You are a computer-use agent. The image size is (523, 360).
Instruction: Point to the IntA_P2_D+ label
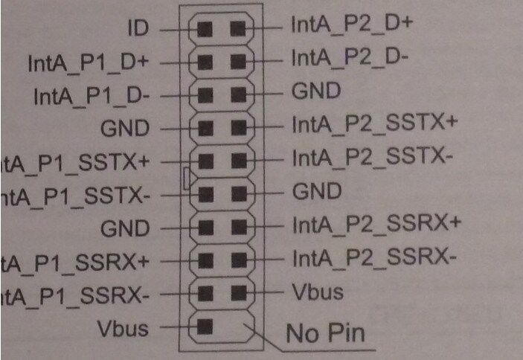352,25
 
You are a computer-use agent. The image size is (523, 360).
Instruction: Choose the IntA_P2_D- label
348,57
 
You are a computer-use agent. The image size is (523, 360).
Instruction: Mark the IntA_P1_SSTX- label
74,196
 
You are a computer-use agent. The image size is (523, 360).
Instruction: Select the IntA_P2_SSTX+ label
373,123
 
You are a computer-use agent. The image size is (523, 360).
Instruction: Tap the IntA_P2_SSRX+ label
376,223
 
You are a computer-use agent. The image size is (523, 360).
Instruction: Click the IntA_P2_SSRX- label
373,257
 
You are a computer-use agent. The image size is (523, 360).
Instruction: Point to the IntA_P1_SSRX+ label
74,263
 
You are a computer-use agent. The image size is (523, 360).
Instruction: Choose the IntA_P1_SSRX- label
74,295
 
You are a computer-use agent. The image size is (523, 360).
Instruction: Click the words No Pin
326,332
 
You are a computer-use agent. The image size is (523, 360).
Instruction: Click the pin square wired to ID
205,29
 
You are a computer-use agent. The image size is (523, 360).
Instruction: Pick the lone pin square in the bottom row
205,326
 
